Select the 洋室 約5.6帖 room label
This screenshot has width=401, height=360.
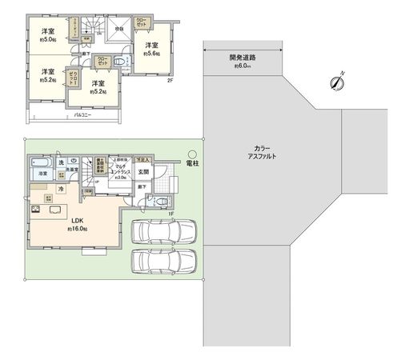152,49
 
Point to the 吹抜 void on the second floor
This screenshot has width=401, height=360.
119,29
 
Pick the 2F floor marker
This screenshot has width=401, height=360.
169,80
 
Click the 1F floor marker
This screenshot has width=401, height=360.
171,212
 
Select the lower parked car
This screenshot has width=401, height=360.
163,261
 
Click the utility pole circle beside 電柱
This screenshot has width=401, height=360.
193,155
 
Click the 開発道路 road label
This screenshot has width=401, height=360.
242,58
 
